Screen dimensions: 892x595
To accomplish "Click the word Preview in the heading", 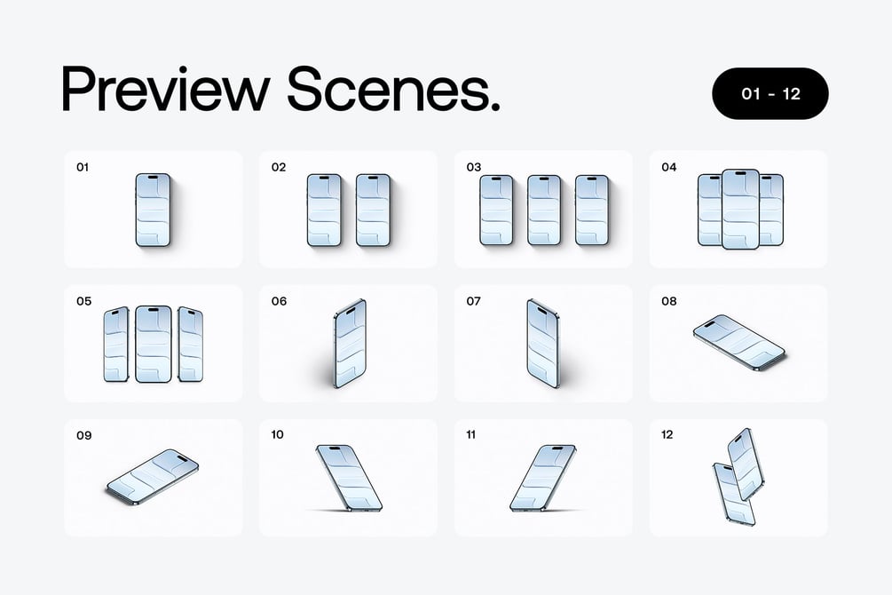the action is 164,90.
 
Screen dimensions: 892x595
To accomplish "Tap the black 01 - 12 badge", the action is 770,93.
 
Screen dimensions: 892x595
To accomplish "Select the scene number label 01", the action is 83,167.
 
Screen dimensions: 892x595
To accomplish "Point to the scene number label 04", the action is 668,167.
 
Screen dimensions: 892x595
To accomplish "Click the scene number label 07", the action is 473,301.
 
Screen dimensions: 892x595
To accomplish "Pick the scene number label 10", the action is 277,435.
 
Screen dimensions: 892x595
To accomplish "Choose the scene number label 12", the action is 667,435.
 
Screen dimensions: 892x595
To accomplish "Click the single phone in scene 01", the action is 153,210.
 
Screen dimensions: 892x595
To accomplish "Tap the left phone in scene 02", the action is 324,210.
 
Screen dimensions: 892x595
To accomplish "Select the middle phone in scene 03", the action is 544,210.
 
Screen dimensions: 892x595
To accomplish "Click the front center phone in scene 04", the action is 740,209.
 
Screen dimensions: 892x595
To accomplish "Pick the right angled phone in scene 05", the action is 191,344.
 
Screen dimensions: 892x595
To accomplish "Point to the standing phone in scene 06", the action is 350,344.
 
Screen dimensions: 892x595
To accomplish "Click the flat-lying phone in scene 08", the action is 739,343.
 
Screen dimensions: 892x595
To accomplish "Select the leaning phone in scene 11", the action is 542,478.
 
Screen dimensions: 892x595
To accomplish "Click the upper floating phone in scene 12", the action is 746,464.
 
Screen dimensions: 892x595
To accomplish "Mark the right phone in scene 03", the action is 592,210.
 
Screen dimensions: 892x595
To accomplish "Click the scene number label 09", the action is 83,435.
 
